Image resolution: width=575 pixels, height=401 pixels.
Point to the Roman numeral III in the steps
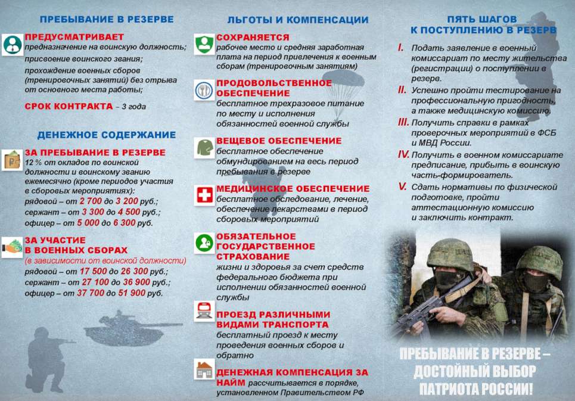click(403, 122)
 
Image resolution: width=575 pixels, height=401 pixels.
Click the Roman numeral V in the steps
click(402, 186)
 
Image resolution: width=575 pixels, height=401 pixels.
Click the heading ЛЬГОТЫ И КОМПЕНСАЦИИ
click(298, 20)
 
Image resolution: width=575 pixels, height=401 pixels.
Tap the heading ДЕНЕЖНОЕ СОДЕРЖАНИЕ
click(107, 135)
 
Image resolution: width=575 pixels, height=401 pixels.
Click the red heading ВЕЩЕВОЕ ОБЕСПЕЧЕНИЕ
click(279, 141)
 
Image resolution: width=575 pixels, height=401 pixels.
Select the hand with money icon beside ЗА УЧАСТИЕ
click(12, 246)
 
